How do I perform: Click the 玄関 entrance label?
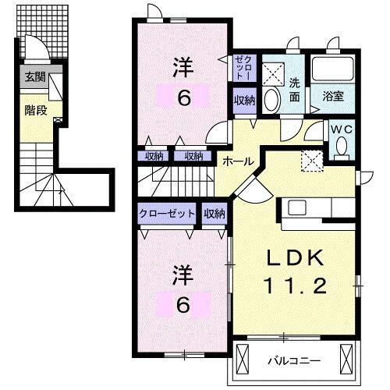coord(34,77)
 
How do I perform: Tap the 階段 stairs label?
coord(35,111)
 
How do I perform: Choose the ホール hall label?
coord(237,161)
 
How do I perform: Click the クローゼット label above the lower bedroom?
coord(166,213)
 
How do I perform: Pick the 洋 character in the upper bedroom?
coord(181,68)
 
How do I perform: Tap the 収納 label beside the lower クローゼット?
coord(214,213)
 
